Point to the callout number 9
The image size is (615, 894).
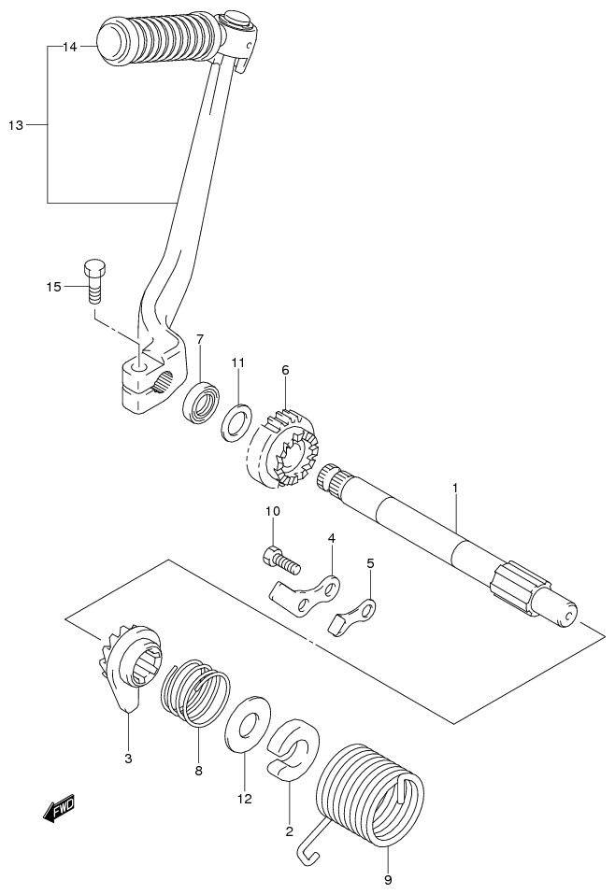tap(387, 878)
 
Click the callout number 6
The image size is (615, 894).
tap(285, 370)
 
